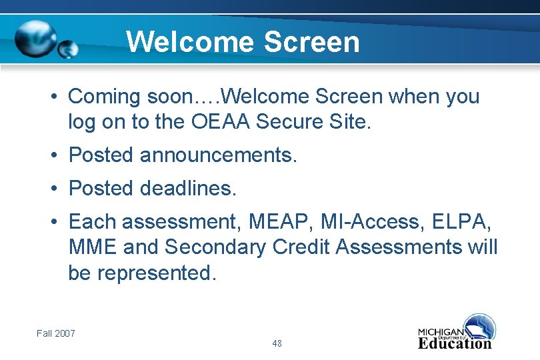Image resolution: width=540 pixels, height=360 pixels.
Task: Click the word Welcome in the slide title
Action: [191, 42]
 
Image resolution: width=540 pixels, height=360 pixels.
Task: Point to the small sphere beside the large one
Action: [68, 49]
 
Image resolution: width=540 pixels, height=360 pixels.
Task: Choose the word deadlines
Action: [188, 189]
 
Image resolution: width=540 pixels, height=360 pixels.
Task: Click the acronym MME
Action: [92, 247]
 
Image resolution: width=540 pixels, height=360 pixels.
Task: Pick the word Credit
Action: [301, 247]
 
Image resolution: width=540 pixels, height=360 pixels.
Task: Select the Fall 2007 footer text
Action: [56, 333]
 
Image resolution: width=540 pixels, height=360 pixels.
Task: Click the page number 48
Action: [277, 344]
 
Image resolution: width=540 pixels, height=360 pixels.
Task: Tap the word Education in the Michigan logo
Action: [455, 344]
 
